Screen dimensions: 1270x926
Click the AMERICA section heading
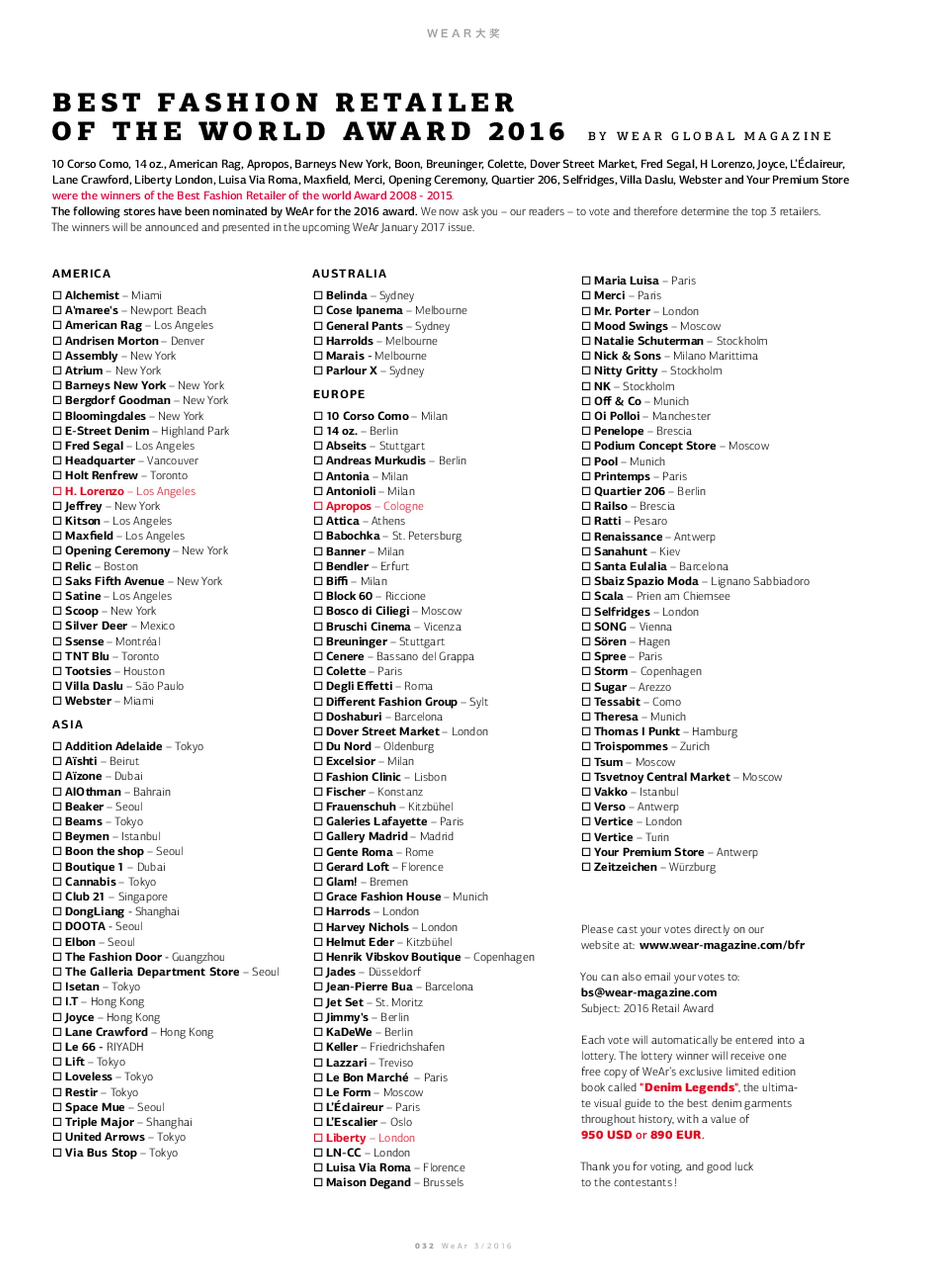[81, 274]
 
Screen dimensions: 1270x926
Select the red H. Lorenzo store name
[94, 491]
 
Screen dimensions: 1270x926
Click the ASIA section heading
[67, 725]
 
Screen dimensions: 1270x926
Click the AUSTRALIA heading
[349, 274]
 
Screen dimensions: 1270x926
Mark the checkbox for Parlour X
[318, 370]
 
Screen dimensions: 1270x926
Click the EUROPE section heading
[338, 394]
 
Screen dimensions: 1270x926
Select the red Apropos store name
[348, 506]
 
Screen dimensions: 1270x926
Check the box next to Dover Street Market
[318, 731]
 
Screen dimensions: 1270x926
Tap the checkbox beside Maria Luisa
[586, 280]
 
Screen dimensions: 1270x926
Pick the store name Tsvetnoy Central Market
[662, 777]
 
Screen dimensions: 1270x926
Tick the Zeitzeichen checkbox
[586, 867]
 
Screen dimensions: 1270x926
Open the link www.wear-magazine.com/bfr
[721, 945]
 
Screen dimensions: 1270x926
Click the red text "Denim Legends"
[688, 1087]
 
